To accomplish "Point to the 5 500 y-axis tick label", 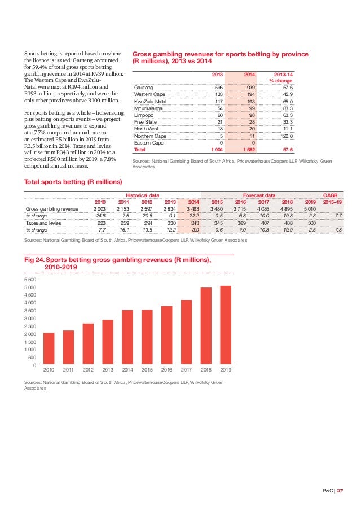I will (30, 280).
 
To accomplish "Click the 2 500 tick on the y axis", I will (30, 326).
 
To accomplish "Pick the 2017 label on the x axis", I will (187, 370).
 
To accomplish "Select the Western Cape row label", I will (148, 94).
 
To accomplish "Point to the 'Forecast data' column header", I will (259, 195).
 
